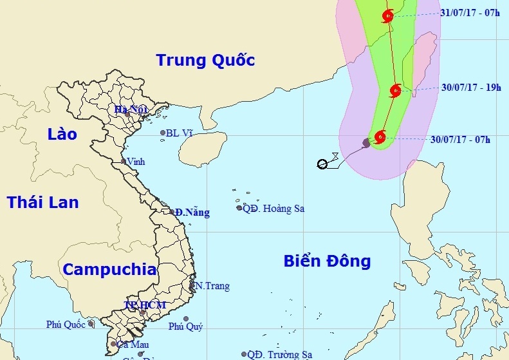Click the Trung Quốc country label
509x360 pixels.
205,61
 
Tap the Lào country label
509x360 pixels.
62,134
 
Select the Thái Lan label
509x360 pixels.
43,202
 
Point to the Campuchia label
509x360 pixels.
109,269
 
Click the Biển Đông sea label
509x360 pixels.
327,261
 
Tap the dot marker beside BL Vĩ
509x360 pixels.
163,133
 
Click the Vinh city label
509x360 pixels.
136,161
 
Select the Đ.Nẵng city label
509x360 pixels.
192,213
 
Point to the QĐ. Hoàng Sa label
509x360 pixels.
273,208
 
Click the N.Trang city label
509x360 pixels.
213,286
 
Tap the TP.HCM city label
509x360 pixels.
145,305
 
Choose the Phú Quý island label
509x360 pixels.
185,327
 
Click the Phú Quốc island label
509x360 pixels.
65,325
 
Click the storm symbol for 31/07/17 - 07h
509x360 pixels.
387,16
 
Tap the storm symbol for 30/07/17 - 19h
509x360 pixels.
396,91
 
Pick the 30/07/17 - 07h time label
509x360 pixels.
460,139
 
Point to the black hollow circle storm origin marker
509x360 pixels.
322,164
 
